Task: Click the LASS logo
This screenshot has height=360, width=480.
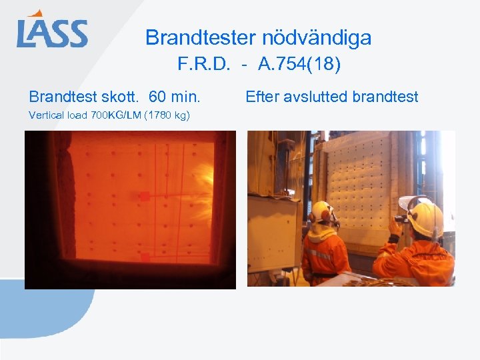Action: point(52,31)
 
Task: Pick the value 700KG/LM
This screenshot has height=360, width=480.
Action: point(108,115)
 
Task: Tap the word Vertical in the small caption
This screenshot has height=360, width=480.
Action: point(45,115)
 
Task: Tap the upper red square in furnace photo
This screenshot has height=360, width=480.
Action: point(144,196)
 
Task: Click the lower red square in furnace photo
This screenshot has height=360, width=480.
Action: point(145,257)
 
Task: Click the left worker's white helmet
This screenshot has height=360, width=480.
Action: point(323,212)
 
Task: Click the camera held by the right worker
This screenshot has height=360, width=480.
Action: point(401,217)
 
